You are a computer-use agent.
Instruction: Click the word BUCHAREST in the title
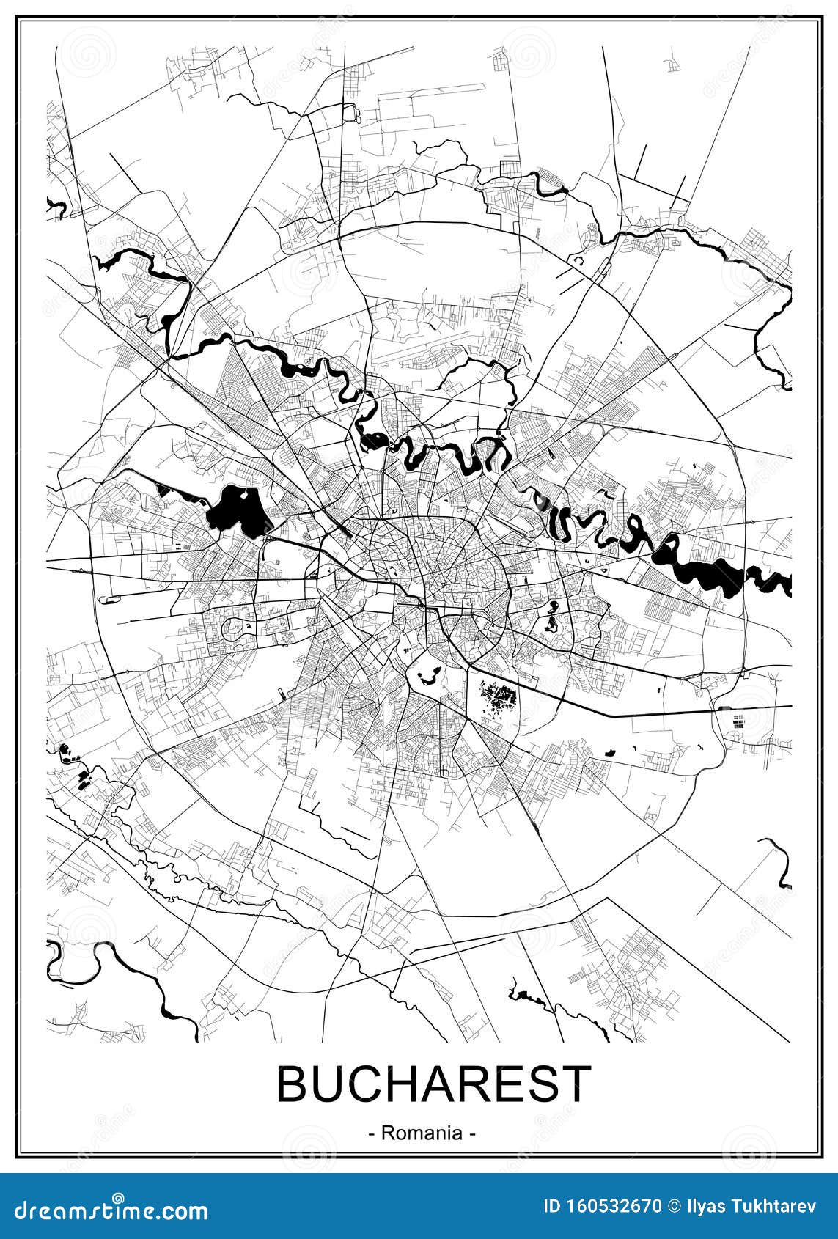pyautogui.click(x=433, y=1084)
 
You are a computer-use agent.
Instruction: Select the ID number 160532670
pyautogui.click(x=609, y=1206)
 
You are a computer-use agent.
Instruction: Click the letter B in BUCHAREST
pyautogui.click(x=292, y=1084)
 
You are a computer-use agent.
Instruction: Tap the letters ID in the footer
pyautogui.click(x=552, y=1206)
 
